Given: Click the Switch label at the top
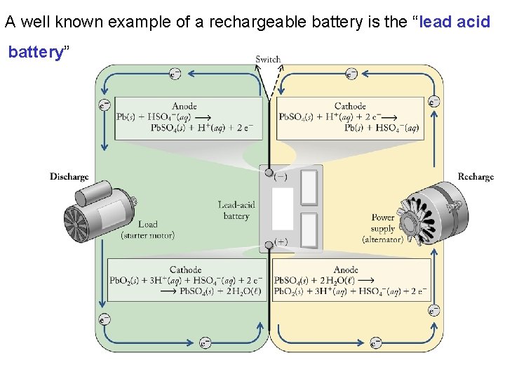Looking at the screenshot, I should coord(268,60).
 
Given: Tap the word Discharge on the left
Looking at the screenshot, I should coord(69,177).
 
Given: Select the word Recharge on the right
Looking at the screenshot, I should coord(476,177).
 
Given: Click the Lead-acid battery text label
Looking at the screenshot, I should coord(236,211).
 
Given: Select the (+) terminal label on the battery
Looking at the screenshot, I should coord(281,241).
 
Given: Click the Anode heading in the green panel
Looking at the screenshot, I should coord(184,106).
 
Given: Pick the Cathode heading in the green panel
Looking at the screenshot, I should coord(185,270).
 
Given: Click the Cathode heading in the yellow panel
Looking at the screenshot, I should coord(350,106).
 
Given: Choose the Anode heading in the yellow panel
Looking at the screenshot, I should coord(346,270).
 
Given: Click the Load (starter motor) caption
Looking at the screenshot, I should coord(148,230).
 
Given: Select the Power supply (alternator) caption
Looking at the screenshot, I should coord(383,228).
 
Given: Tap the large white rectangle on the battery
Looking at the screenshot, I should coord(282,209).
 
